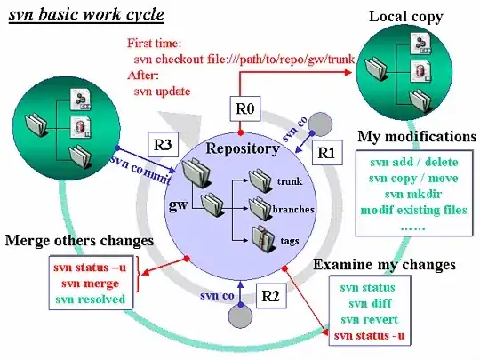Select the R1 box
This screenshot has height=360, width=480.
click(327, 152)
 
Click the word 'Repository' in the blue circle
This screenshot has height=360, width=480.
click(243, 148)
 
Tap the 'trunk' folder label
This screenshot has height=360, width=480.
click(292, 181)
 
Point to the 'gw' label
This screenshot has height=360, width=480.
click(177, 204)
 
